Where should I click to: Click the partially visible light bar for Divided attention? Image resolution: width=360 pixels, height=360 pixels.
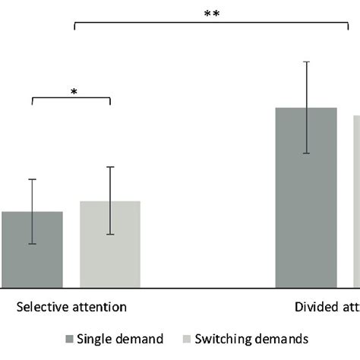356,201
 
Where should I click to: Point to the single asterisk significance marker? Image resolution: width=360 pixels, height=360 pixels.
74,93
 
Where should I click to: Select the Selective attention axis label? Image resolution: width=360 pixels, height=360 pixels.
71,307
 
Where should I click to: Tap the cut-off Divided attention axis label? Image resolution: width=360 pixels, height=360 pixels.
327,307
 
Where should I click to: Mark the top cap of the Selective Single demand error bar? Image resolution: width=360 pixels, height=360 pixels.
32,179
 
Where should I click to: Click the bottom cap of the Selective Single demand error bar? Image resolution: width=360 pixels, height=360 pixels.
32,244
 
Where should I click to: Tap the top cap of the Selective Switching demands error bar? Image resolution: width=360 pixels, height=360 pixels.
110,166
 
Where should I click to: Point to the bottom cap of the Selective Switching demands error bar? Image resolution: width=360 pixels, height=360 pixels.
110,234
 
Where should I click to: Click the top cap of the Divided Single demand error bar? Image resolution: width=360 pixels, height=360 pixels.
306,62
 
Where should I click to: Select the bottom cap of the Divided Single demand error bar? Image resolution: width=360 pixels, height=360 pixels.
306,153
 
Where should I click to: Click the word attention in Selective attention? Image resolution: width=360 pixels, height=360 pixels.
99,307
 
